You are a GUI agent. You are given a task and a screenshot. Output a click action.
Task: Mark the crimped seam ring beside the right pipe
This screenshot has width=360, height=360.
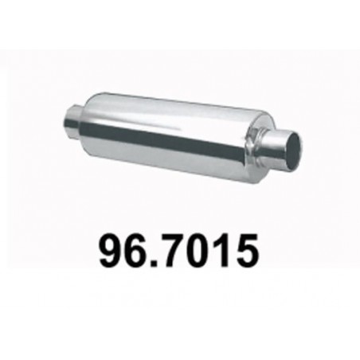pos(256,142)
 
